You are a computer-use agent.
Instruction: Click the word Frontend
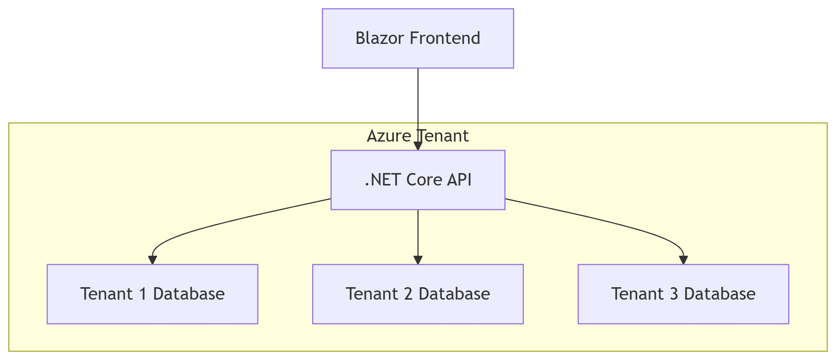(x=445, y=38)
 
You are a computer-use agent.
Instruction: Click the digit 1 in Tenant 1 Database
(x=143, y=294)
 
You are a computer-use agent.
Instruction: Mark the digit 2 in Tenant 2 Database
(x=408, y=294)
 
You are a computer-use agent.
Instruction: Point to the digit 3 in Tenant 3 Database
(x=673, y=294)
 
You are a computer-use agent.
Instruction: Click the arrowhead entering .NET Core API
(x=418, y=146)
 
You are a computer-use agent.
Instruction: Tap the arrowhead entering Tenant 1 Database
(x=152, y=260)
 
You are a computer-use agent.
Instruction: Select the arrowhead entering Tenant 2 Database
(x=418, y=260)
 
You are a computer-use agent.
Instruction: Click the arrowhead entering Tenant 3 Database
(x=683, y=260)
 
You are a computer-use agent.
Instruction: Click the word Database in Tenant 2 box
(x=454, y=294)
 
